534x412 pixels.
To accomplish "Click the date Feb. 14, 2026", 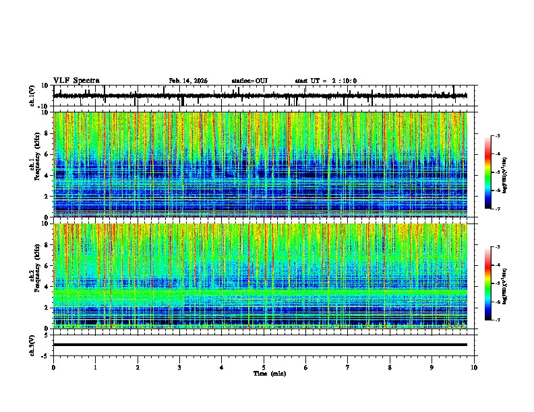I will (x=188, y=81).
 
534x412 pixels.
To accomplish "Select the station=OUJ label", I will (x=249, y=81).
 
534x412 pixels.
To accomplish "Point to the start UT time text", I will (x=326, y=81).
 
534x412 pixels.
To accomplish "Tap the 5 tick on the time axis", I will (x=264, y=367).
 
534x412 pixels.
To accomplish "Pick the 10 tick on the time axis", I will (x=474, y=367).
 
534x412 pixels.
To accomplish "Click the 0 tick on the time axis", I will (x=53, y=367).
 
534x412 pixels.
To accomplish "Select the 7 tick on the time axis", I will (x=348, y=367).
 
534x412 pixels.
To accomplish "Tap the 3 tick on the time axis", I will (x=179, y=367).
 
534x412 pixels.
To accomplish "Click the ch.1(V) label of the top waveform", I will (x=32, y=96).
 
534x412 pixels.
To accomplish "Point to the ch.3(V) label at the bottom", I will (x=32, y=345).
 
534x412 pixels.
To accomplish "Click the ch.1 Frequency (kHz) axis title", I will (x=33, y=165).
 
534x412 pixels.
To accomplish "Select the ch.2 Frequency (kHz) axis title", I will (x=33, y=276).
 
